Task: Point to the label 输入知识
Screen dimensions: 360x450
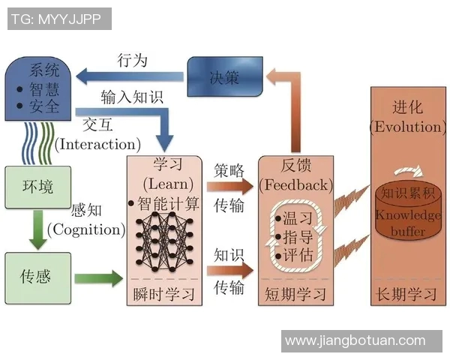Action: (131, 98)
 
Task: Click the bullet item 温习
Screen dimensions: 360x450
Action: (295, 218)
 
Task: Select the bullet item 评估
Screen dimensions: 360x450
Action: (295, 255)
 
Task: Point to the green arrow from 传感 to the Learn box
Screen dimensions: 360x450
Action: (97, 279)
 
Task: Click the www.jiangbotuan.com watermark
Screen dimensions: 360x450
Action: (355, 341)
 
